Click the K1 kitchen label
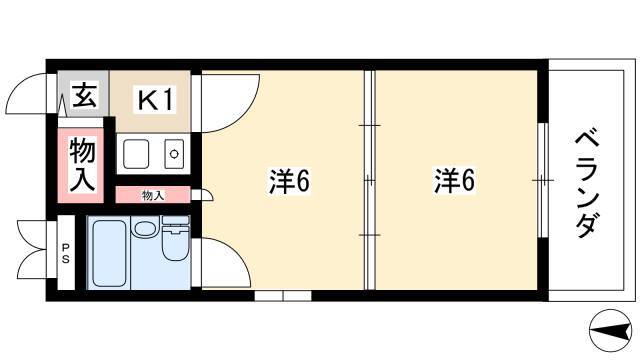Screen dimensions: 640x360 pyautogui.click(x=156, y=100)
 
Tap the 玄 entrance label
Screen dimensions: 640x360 pyautogui.click(x=84, y=95)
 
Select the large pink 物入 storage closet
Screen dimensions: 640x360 pyautogui.click(x=81, y=165)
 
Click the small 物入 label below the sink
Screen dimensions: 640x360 pyautogui.click(x=153, y=196)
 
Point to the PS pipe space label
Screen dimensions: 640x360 pyautogui.click(x=66, y=253)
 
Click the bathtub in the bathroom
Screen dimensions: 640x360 pyautogui.click(x=109, y=253)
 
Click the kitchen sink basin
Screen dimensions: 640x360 pyautogui.click(x=136, y=154)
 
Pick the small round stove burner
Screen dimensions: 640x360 pyautogui.click(x=174, y=154)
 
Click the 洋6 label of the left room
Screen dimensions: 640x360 pyautogui.click(x=289, y=181)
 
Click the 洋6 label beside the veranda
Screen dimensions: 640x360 pyautogui.click(x=454, y=180)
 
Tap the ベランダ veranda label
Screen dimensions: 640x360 pyautogui.click(x=587, y=184)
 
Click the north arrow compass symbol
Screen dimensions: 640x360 pyautogui.click(x=611, y=330)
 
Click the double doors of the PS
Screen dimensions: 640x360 pyautogui.click(x=33, y=249)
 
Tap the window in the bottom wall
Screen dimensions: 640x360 pyautogui.click(x=283, y=296)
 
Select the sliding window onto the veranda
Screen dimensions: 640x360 pyautogui.click(x=542, y=180)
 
